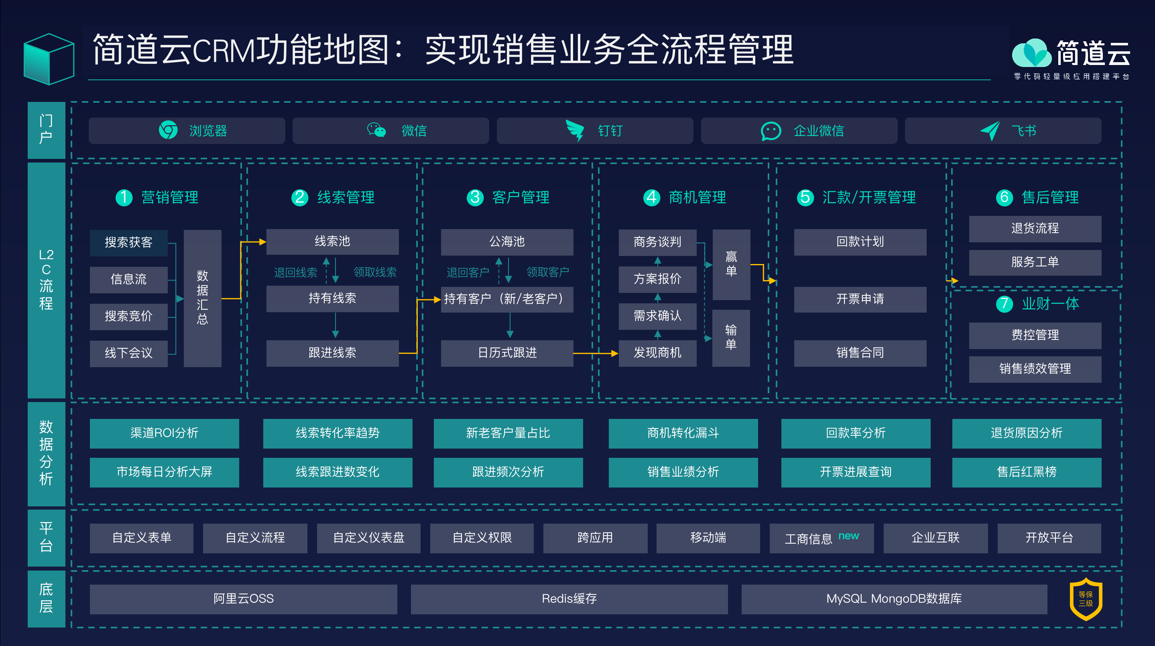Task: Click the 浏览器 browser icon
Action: [x=168, y=130]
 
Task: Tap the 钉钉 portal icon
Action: [x=575, y=130]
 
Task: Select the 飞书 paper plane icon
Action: [x=990, y=130]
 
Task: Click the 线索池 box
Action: [x=332, y=242]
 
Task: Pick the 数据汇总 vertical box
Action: [x=203, y=298]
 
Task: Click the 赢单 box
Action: [x=731, y=264]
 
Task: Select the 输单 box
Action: [x=731, y=338]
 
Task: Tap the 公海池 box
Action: [x=507, y=242]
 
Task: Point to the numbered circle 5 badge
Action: [x=805, y=197]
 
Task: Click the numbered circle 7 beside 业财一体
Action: [x=1005, y=304]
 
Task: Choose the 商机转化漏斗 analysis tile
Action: [x=683, y=433]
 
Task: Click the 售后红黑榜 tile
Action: [x=1027, y=472]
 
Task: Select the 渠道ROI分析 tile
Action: [x=164, y=433]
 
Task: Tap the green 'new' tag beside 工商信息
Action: [x=849, y=536]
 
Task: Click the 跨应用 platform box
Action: [x=596, y=538]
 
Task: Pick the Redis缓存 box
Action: [x=569, y=599]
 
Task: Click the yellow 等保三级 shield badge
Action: [x=1086, y=599]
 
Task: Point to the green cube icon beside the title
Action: [x=49, y=59]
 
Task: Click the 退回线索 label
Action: [x=295, y=272]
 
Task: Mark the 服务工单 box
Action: [x=1035, y=262]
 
